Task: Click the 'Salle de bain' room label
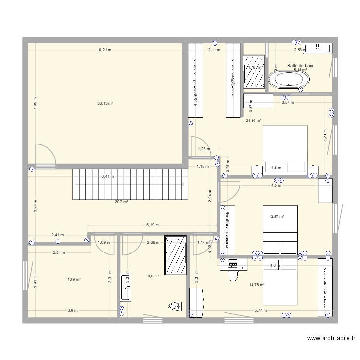pyautogui.click(x=300, y=66)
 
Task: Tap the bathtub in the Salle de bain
pyautogui.click(x=288, y=80)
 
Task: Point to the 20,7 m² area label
pyautogui.click(x=121, y=202)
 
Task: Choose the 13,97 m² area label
pyautogui.click(x=276, y=217)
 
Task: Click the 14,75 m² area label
pyautogui.click(x=257, y=285)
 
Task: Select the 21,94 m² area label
pyautogui.click(x=253, y=121)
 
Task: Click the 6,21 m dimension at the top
pyautogui.click(x=105, y=50)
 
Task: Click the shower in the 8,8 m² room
pyautogui.click(x=175, y=255)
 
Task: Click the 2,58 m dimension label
pyautogui.click(x=300, y=50)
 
